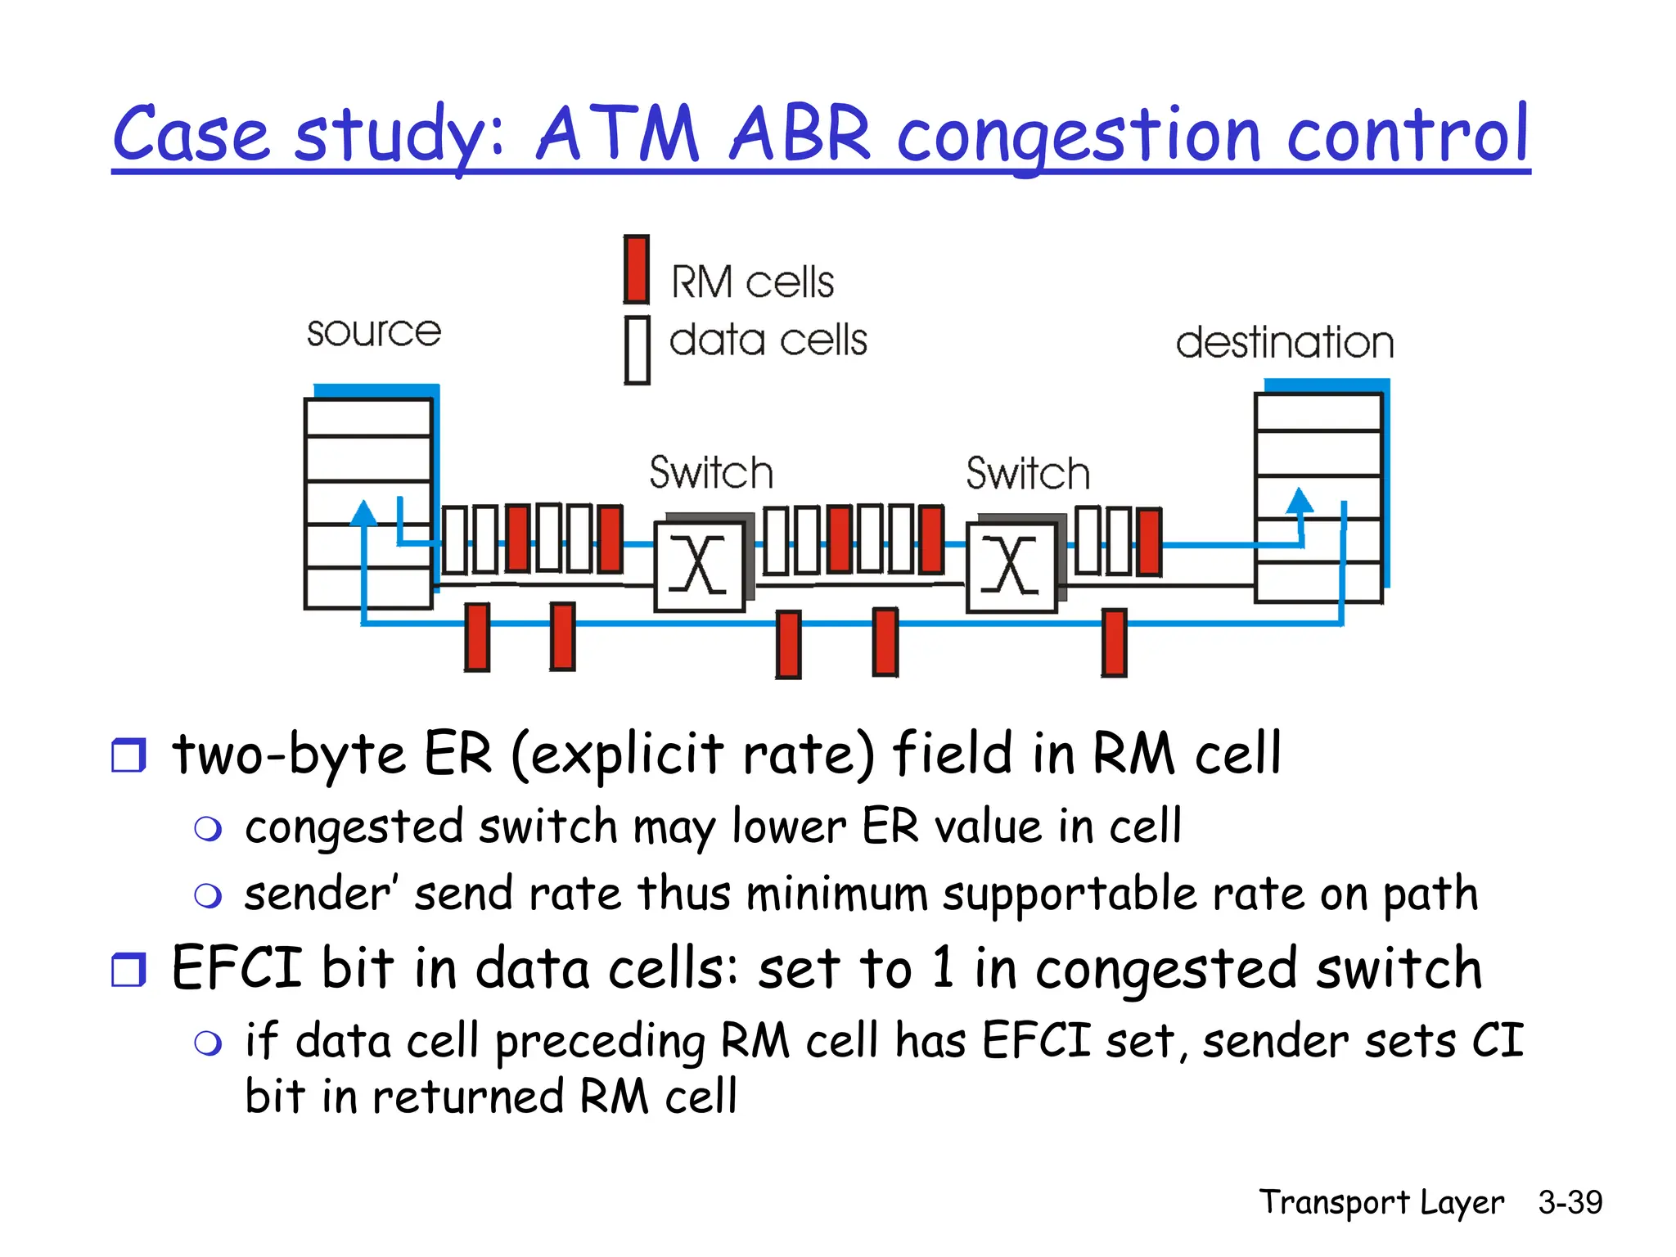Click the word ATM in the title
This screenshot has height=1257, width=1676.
point(618,135)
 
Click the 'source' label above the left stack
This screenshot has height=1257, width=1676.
point(374,332)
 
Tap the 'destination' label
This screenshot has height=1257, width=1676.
point(1285,342)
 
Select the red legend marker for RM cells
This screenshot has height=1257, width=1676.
point(637,269)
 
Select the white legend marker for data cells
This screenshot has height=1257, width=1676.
point(637,350)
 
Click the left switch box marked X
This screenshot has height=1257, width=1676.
point(699,566)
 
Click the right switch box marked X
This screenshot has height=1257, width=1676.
point(1011,566)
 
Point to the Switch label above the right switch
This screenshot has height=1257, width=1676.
point(1028,474)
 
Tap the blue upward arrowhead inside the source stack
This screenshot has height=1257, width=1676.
point(363,513)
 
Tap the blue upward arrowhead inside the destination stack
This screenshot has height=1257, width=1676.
point(1300,500)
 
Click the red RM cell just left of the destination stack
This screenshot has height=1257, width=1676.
point(1149,542)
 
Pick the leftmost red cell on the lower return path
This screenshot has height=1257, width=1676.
point(477,637)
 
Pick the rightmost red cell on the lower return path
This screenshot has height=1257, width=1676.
point(1114,642)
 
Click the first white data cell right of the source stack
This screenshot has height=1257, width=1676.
point(454,539)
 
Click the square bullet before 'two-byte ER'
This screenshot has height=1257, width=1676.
point(128,755)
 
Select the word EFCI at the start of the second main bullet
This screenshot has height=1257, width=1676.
point(237,968)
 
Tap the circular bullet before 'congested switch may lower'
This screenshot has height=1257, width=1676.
point(208,829)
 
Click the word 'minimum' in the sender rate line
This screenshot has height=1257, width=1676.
point(836,894)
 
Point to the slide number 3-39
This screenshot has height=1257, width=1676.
point(1570,1202)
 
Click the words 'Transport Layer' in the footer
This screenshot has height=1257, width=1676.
point(1381,1202)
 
